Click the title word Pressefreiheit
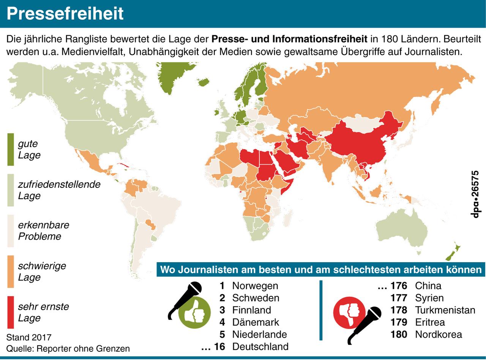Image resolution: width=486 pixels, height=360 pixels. (65, 14)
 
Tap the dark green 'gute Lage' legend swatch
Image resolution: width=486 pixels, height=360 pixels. (11, 149)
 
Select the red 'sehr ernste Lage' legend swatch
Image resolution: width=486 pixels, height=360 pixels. (11, 312)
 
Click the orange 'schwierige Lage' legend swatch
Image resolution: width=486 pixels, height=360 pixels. (11, 272)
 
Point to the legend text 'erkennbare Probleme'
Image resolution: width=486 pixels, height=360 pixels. (44, 231)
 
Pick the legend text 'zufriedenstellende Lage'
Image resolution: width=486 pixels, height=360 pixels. (59, 190)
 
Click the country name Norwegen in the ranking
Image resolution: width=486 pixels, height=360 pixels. (255, 286)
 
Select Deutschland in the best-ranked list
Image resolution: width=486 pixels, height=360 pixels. (260, 346)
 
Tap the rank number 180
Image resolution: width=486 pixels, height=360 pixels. (399, 334)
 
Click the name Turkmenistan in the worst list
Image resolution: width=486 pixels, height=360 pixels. (445, 310)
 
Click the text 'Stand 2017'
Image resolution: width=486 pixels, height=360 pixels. (29, 338)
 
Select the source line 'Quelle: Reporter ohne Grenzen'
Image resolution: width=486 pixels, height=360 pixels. (68, 348)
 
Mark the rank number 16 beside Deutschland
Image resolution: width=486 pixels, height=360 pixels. (219, 346)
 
